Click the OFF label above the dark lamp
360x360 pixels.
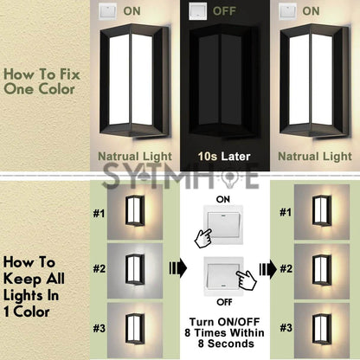pyautogui.click(x=224, y=11)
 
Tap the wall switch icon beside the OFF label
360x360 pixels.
pyautogui.click(x=197, y=11)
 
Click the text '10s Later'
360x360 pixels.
pyautogui.click(x=224, y=157)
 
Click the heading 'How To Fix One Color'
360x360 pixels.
pyautogui.click(x=42, y=81)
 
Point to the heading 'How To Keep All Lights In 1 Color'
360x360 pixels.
pyautogui.click(x=34, y=287)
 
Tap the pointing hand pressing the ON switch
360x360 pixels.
pyautogui.click(x=203, y=238)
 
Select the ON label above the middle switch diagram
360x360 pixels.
pyautogui.click(x=223, y=199)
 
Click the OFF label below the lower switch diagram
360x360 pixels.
pyautogui.click(x=224, y=302)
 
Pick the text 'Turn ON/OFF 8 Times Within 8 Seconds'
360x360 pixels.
pyautogui.click(x=224, y=332)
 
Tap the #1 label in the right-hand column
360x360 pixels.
pyautogui.click(x=286, y=213)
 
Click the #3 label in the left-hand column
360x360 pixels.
pyautogui.click(x=99, y=328)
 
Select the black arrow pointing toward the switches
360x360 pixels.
pyautogui.click(x=177, y=268)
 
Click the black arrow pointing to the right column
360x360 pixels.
pyautogui.click(x=268, y=269)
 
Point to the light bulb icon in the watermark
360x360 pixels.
pyautogui.click(x=230, y=177)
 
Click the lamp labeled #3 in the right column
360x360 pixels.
pyautogui.click(x=322, y=329)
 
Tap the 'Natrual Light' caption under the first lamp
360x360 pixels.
pyautogui.click(x=135, y=157)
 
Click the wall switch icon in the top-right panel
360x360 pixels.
pyautogui.click(x=287, y=11)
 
